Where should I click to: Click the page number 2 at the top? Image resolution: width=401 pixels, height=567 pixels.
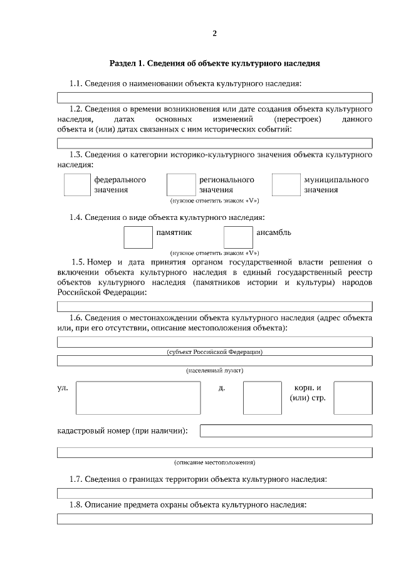214,33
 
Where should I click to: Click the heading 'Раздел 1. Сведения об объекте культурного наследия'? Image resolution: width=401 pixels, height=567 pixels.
215,63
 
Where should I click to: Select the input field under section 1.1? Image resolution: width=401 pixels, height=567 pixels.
215,98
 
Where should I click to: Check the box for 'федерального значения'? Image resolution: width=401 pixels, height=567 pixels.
77,185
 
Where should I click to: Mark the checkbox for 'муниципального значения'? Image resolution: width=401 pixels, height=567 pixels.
286,185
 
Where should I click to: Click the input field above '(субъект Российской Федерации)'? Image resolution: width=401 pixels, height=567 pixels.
215,342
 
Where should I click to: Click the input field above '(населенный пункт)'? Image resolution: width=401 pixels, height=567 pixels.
215,361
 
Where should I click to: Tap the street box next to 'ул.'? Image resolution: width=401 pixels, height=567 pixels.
138,398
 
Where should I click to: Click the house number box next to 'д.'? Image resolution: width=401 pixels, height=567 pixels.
262,398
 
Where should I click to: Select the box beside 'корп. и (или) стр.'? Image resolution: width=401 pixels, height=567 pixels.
353,398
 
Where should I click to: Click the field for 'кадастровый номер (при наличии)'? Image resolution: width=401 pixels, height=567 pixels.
286,431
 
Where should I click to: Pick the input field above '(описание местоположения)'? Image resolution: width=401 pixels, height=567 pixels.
215,452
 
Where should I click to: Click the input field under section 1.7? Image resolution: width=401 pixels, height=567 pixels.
215,493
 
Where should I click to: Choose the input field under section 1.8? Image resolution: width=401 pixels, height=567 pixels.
215,518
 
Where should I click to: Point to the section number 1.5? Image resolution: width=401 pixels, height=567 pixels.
78,262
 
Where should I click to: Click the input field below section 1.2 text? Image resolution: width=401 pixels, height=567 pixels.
215,142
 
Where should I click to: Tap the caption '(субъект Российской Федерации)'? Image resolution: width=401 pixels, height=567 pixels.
215,351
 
